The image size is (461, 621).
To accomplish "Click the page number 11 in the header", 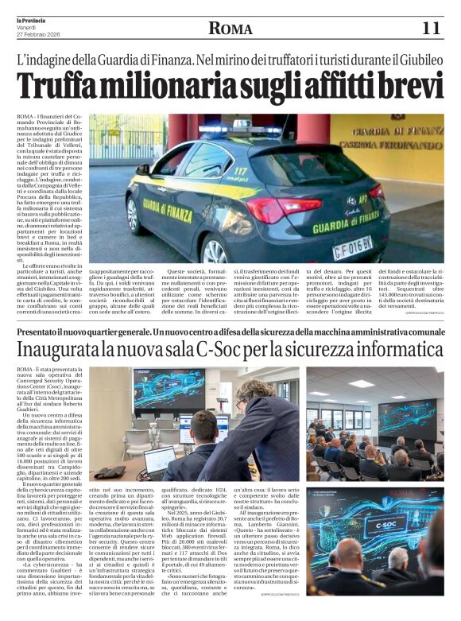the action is (x=430, y=29).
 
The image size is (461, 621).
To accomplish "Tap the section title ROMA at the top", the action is (x=230, y=29).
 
